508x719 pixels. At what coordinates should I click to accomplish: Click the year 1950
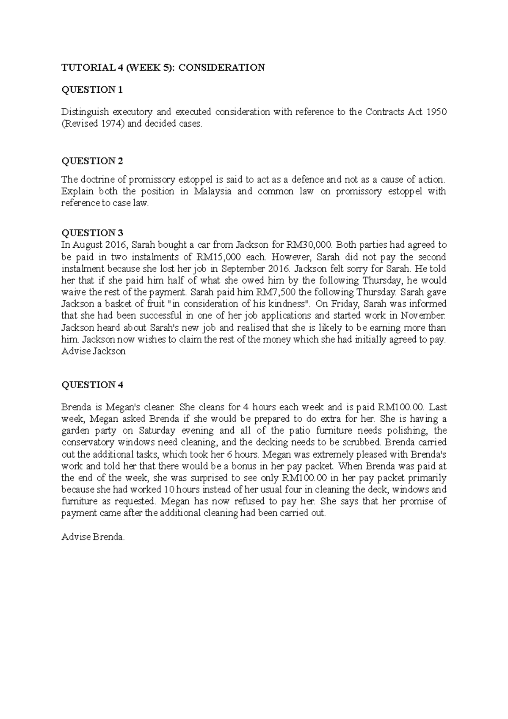436,112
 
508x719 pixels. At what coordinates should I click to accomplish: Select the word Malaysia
213,191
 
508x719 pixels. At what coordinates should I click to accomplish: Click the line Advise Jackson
94,351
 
